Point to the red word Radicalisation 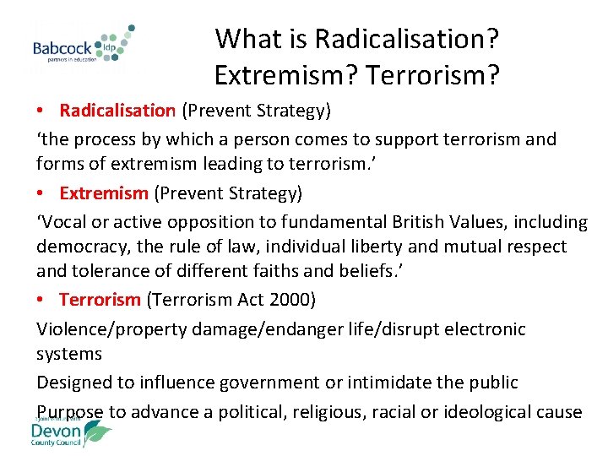pyautogui.click(x=117, y=111)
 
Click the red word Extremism pyautogui.click(x=103, y=193)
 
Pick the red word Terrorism pyautogui.click(x=100, y=300)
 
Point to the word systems pyautogui.click(x=69, y=354)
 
